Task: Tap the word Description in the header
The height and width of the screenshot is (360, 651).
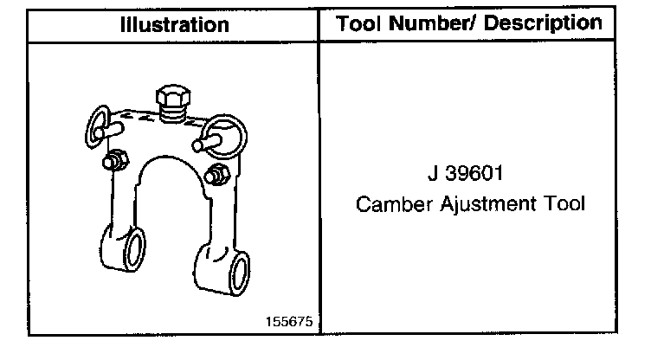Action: pyautogui.click(x=542, y=23)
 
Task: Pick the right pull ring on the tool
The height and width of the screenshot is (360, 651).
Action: pyautogui.click(x=230, y=130)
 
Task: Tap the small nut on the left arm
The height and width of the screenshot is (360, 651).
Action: pyautogui.click(x=113, y=161)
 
